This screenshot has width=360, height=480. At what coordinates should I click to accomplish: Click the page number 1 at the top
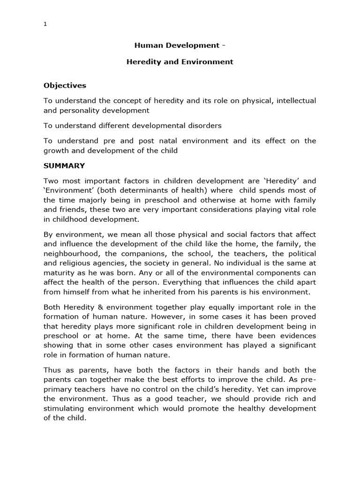(x=45, y=25)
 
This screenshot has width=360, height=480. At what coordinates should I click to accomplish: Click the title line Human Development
(x=180, y=45)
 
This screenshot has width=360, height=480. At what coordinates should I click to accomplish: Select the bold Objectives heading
(x=65, y=85)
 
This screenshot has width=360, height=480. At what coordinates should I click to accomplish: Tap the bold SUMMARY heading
(x=65, y=165)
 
